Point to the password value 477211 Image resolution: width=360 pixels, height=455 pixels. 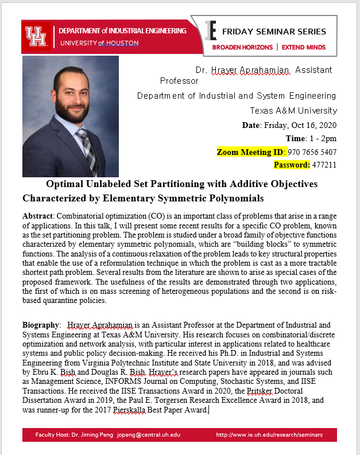tap(324, 165)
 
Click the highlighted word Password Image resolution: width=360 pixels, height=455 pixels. tap(292, 165)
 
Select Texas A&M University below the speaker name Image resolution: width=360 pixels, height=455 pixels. tap(293, 110)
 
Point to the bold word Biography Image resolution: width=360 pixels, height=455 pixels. tap(41, 325)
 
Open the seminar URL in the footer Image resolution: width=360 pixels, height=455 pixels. tap(269, 435)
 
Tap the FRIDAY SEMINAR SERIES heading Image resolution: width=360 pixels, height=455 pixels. tap(274, 32)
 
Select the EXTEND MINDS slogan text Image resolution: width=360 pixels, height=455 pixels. tap(304, 47)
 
